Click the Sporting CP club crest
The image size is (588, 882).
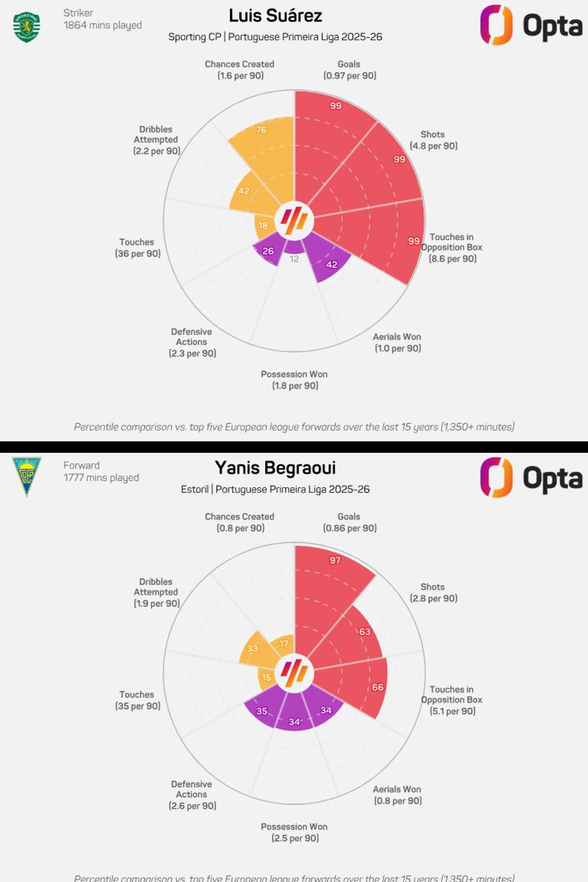(26, 27)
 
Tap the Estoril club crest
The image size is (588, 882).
(26, 476)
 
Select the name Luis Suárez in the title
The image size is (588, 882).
(275, 16)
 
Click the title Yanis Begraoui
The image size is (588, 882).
(275, 468)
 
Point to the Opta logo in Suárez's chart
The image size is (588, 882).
(531, 25)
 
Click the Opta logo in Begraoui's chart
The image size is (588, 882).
(531, 478)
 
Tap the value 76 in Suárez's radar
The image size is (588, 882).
(261, 130)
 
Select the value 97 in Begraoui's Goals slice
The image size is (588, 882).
(335, 560)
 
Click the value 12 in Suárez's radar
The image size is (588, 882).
(294, 259)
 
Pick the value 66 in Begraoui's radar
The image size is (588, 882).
(378, 687)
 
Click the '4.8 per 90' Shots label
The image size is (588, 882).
(434, 146)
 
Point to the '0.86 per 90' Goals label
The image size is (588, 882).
(350, 528)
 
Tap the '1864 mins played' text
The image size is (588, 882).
(103, 25)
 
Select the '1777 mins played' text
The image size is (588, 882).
(101, 478)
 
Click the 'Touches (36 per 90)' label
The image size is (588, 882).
(137, 248)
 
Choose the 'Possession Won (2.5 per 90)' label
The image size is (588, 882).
(295, 832)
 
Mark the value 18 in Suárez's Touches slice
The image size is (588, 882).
(263, 225)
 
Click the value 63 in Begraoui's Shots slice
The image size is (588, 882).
(365, 632)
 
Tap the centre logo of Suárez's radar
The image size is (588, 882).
(294, 220)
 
